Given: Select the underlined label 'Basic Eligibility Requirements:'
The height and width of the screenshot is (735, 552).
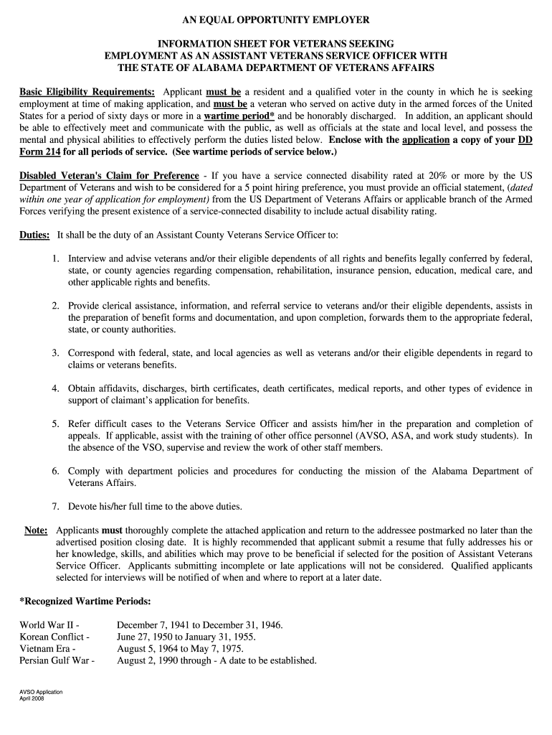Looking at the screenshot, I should click(87, 93).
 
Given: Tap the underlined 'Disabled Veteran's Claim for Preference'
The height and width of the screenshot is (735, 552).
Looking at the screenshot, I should click(109, 176).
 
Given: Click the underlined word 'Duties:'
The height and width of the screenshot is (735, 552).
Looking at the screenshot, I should click(34, 235).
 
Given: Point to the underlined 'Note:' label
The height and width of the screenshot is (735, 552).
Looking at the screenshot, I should click(36, 530).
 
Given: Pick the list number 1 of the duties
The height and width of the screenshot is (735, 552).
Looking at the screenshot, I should click(55, 258).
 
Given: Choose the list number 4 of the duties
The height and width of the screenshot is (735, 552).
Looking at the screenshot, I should click(55, 388).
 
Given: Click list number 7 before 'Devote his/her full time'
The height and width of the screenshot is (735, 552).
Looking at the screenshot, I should click(55, 507).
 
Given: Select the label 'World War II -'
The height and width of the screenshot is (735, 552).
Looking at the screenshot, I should click(49, 625).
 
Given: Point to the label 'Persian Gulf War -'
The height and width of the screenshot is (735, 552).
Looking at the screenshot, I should click(57, 661).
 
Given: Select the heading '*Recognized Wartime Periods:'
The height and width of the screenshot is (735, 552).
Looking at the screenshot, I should click(85, 601).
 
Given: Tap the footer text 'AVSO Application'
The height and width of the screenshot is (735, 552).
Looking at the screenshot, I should click(41, 692).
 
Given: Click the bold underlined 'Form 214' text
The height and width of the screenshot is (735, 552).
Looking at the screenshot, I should click(40, 152).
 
